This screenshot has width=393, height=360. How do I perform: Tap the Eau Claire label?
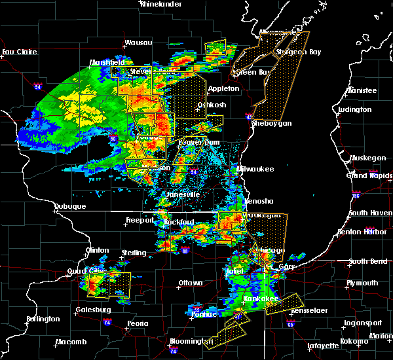18,52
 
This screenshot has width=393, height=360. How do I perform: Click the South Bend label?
367,261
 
